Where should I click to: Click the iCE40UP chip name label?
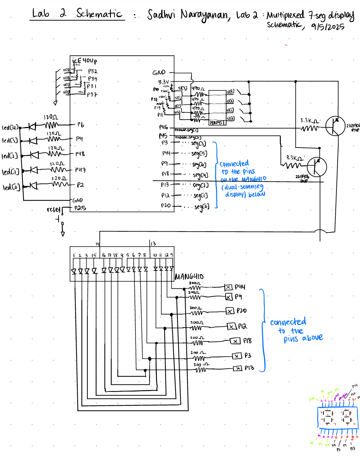pos(84,61)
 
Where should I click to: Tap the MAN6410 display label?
pos(189,277)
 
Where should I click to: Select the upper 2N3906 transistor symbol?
pos(335,126)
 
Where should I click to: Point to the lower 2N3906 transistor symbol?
pos(317,166)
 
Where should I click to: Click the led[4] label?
pos(10,127)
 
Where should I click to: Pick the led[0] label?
pos(11,187)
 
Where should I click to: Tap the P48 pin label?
pos(80,154)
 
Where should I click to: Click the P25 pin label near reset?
pos(80,208)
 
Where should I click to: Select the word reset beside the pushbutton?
pos(53,210)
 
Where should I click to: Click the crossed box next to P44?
pos(228,287)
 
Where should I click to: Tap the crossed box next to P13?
pos(238,369)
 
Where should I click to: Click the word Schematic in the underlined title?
pos(99,14)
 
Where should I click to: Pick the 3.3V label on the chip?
pos(163,82)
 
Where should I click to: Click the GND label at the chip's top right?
pos(159,72)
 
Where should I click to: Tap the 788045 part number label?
pos(216,123)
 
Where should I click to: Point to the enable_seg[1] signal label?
pos(186,130)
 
